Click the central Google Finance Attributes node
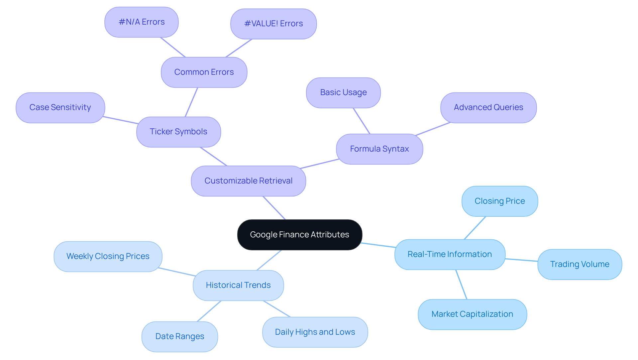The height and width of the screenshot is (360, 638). [299, 235]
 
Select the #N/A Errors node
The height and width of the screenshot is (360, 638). [142, 22]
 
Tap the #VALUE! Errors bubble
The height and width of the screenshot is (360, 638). [273, 24]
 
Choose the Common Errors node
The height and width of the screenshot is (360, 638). [204, 72]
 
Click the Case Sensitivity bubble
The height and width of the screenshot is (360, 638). [60, 107]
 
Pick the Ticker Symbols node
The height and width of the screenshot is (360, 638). [178, 132]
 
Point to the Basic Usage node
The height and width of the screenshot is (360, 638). [343, 92]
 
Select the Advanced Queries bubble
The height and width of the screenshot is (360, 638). [488, 107]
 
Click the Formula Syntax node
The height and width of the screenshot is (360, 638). [379, 149]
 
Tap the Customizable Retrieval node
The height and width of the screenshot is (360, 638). [248, 181]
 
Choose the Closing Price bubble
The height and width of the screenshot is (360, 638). [499, 201]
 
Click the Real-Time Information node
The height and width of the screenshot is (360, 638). [450, 254]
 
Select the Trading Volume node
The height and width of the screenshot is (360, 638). [580, 264]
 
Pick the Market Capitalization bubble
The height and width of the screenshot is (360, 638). [472, 314]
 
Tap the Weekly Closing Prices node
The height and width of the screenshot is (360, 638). [108, 256]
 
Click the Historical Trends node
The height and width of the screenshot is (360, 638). [238, 285]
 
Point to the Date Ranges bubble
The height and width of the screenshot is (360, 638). [179, 336]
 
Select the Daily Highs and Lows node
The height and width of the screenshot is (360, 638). [315, 332]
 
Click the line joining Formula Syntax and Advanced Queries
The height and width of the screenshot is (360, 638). [433, 129]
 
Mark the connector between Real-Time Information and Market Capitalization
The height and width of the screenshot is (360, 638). [461, 285]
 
